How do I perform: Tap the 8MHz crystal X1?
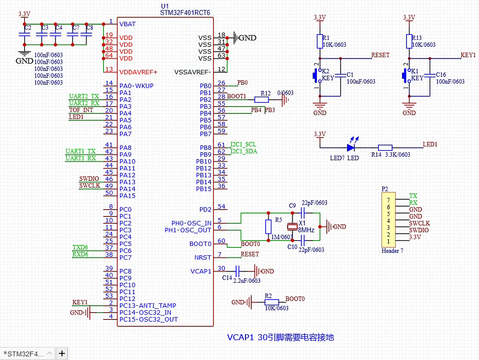coord(293,227)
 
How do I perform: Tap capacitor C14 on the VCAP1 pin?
coord(238,271)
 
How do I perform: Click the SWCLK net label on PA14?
coord(89,186)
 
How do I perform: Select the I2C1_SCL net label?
coord(243,145)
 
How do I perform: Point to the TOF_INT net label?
coord(81,110)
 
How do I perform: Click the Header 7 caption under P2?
coord(392,251)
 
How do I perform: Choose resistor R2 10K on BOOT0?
coord(272,302)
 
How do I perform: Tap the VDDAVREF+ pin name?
coord(138,72)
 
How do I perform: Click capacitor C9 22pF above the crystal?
coord(302,212)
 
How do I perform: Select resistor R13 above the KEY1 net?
coord(409,41)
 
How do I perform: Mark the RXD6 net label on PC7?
coord(80,254)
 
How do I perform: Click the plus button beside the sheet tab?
coord(62,353)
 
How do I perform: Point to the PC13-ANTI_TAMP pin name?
coord(148,305)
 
